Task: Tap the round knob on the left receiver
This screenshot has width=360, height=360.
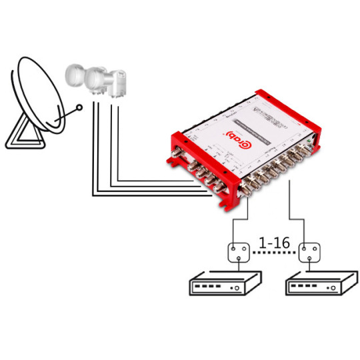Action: [236, 289]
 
